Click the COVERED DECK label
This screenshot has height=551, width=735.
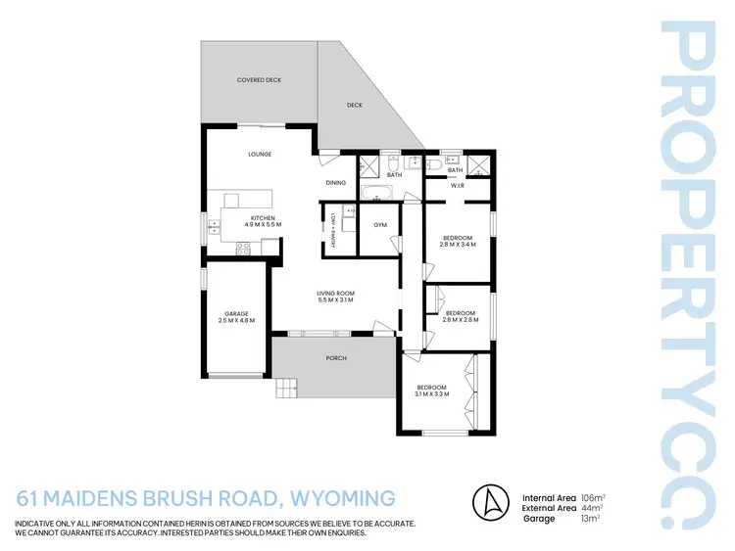tap(260, 79)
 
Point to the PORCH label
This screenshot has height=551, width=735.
tap(336, 357)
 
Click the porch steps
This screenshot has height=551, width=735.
tap(285, 390)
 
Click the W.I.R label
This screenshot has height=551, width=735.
tap(458, 185)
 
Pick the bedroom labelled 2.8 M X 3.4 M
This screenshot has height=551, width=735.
tap(459, 241)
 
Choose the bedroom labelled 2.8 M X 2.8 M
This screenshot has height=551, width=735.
tap(459, 315)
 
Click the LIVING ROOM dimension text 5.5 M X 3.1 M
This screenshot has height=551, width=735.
tap(334, 300)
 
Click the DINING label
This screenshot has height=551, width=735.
tap(336, 183)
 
